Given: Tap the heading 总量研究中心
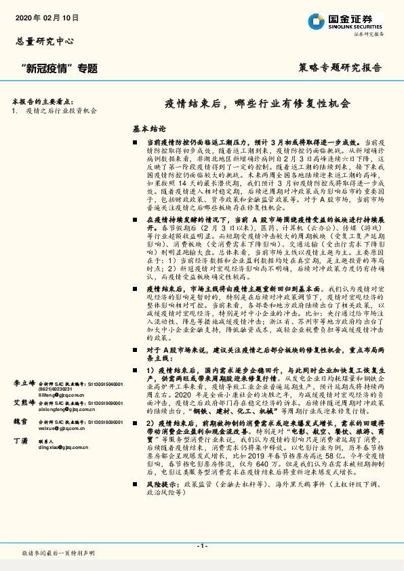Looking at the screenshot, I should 44,41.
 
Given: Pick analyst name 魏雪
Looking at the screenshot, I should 20,421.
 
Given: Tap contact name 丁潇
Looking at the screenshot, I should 20,441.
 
